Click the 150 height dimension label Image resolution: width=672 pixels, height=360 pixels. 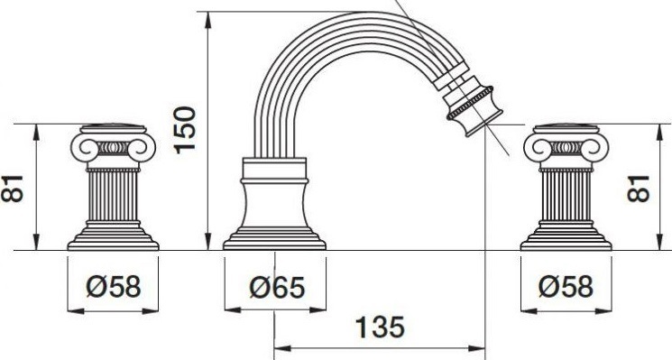click(x=185, y=130)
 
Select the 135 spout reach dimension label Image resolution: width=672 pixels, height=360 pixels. click(x=380, y=328)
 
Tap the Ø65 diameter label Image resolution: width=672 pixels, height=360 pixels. click(x=277, y=287)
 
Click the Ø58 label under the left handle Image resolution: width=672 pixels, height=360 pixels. click(x=113, y=286)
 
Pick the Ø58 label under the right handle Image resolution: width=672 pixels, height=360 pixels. click(x=566, y=286)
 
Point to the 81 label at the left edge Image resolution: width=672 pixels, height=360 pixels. click(x=12, y=189)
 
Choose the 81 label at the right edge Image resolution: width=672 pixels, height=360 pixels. click(x=639, y=189)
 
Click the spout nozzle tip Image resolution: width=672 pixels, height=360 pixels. click(x=484, y=125)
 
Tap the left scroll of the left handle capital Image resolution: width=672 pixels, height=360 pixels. click(x=87, y=148)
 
